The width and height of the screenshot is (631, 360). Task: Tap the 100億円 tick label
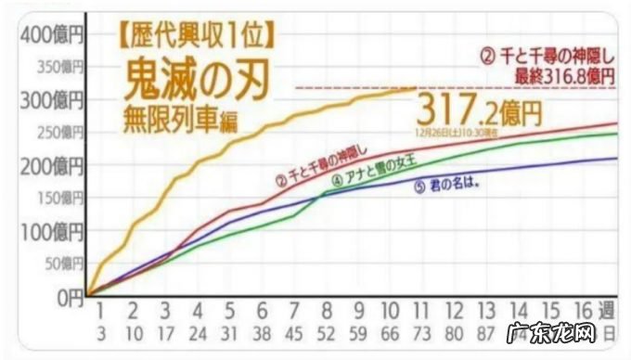[51, 231]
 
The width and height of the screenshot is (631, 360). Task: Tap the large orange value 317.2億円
[479, 111]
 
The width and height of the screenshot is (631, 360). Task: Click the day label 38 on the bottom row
[263, 330]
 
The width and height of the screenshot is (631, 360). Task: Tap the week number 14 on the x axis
[520, 310]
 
